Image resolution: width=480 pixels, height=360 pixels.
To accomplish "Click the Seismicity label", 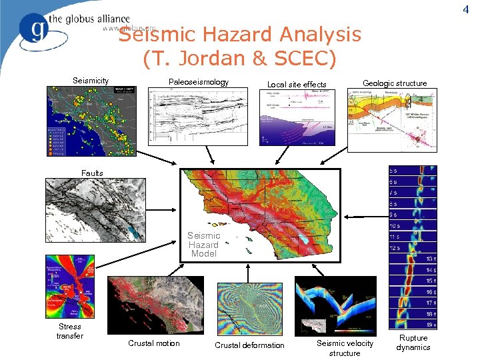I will pos(91,81).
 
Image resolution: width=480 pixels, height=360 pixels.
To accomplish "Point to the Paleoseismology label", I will pos(198,82).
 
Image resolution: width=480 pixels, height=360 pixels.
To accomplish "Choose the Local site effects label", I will pos(297,84).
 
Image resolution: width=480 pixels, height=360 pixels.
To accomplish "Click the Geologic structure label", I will pos(395,83).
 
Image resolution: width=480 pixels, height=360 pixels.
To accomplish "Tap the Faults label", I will pos(92,173).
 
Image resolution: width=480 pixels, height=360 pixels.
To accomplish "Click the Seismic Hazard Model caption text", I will pos(203,245).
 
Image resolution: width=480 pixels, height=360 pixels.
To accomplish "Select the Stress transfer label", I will pos(70,331).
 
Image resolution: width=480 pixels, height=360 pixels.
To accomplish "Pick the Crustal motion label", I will pos(154,343).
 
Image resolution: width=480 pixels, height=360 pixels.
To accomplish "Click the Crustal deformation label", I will pos(249,345).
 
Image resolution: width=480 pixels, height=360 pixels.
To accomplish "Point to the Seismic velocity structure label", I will pos(345,348).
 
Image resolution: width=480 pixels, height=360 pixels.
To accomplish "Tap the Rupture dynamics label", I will pos(413,343).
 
